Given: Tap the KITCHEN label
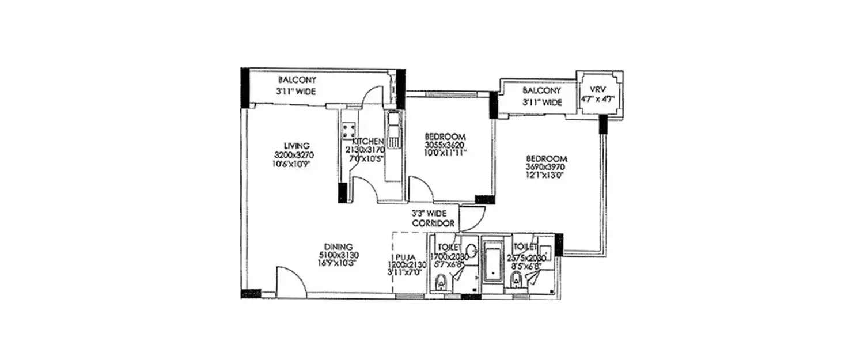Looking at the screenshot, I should point(367,142).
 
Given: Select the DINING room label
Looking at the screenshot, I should point(339,247).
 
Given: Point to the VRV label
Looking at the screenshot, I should point(600,90).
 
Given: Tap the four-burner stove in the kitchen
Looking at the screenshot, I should point(348,131).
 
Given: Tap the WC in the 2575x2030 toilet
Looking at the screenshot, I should point(516,282).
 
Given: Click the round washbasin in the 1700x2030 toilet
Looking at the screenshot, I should point(471,251).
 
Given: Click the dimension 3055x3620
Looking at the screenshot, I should point(445,145).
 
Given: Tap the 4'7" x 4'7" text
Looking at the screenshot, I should point(600,98).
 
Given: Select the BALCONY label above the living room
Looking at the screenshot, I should point(297,80).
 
